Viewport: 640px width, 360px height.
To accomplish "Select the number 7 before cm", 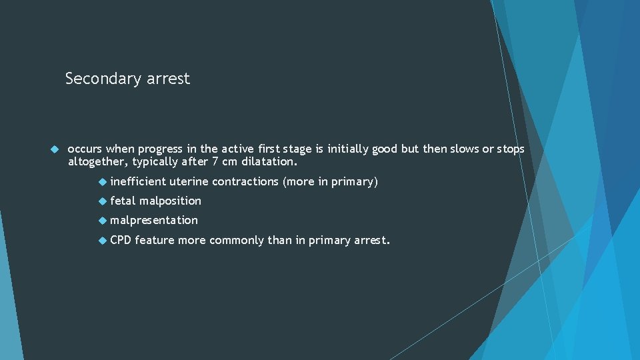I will point(215,161).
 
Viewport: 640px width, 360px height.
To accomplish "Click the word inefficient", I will point(138,181).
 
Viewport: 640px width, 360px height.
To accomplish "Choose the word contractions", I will point(245,181).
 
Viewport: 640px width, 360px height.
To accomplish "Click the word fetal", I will point(123,201).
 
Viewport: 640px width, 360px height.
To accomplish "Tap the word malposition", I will point(170,201).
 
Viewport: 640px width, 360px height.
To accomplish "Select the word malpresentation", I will point(154,220).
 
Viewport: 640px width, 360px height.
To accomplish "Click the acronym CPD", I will point(121,239).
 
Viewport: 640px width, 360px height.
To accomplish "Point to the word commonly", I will point(237,239).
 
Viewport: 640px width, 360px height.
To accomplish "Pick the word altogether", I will point(98,161).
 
